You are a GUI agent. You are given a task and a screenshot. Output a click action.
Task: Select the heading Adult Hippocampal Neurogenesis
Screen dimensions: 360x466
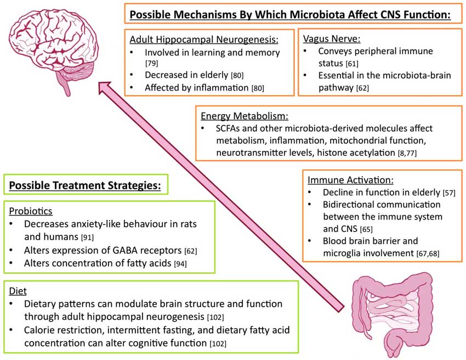[x=204, y=40]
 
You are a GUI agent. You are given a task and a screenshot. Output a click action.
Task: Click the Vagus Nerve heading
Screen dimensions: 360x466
[x=331, y=40]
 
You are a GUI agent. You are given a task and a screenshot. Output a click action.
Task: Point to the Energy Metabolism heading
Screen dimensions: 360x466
[x=245, y=116]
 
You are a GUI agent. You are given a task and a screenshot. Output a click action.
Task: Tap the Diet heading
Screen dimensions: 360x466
[x=19, y=289]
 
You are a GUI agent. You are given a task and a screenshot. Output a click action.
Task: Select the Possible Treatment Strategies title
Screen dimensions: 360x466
[x=85, y=186]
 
